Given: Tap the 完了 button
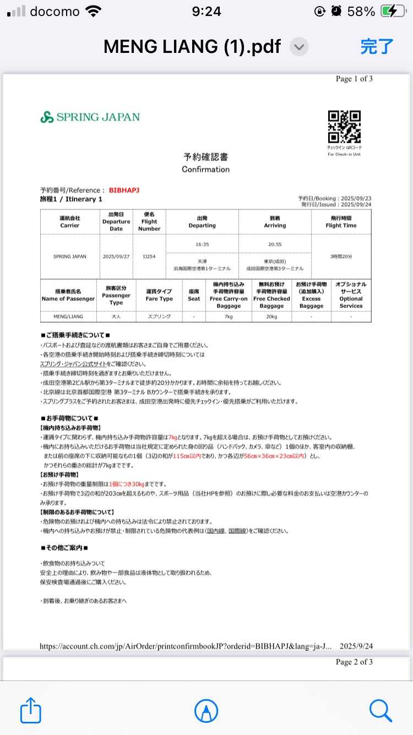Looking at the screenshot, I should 377,46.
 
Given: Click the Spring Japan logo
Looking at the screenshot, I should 90,117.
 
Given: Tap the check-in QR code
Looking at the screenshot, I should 344,127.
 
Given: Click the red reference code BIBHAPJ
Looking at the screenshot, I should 124,190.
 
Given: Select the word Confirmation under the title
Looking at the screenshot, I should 205,169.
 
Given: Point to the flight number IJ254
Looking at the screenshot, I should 149,256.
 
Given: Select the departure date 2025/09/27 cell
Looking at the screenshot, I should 116,256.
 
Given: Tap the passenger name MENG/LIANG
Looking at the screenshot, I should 68,317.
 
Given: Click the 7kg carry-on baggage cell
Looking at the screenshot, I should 229,317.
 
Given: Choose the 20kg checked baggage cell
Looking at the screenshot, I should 271,317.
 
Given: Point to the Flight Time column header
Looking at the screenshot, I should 341,221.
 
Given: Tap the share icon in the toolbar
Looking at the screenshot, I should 31,710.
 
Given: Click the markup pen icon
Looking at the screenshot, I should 206,710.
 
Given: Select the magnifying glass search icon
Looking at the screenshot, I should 381,710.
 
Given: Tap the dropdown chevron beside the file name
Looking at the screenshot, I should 299,47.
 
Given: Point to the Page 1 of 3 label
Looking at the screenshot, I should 354,79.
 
